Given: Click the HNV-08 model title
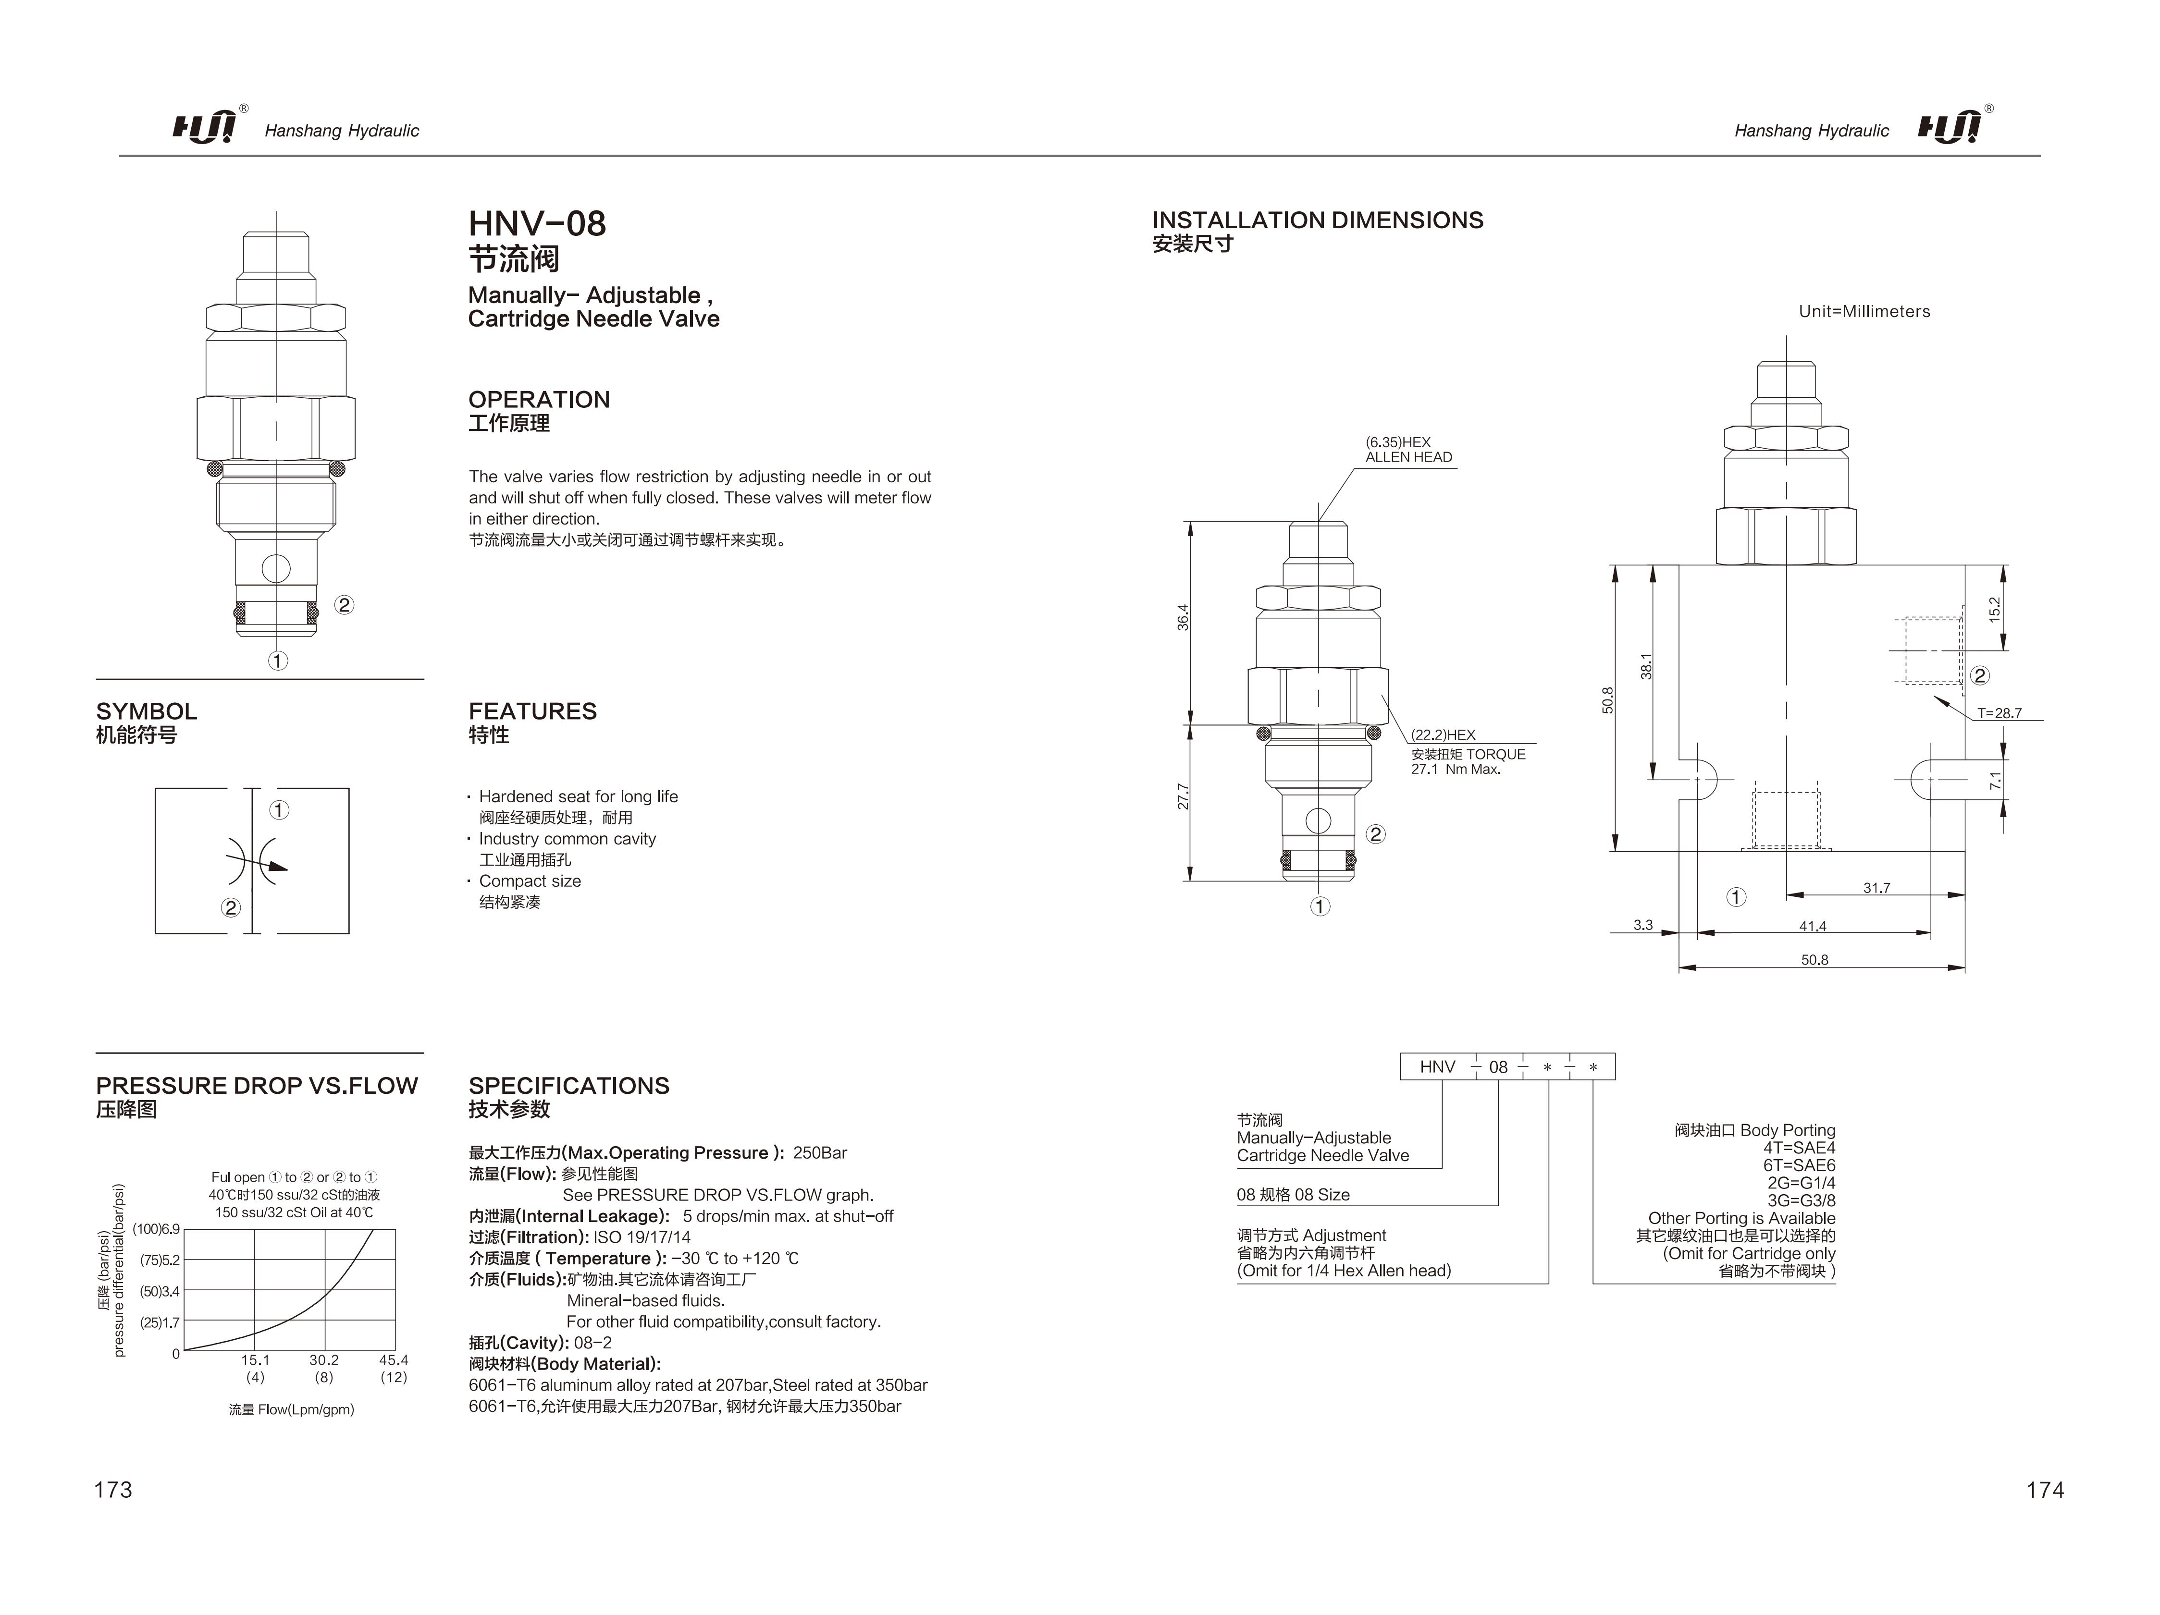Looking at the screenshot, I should click(537, 223).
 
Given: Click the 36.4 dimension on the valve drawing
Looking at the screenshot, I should click(1183, 617).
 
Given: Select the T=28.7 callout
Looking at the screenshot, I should click(1999, 713).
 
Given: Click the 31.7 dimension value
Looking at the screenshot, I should click(1876, 888).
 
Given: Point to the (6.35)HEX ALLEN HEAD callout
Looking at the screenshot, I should click(1408, 449).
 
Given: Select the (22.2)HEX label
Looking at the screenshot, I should click(1442, 734).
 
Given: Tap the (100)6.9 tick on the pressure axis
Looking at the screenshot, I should click(156, 1229).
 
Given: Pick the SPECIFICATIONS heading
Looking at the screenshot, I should click(568, 1086).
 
